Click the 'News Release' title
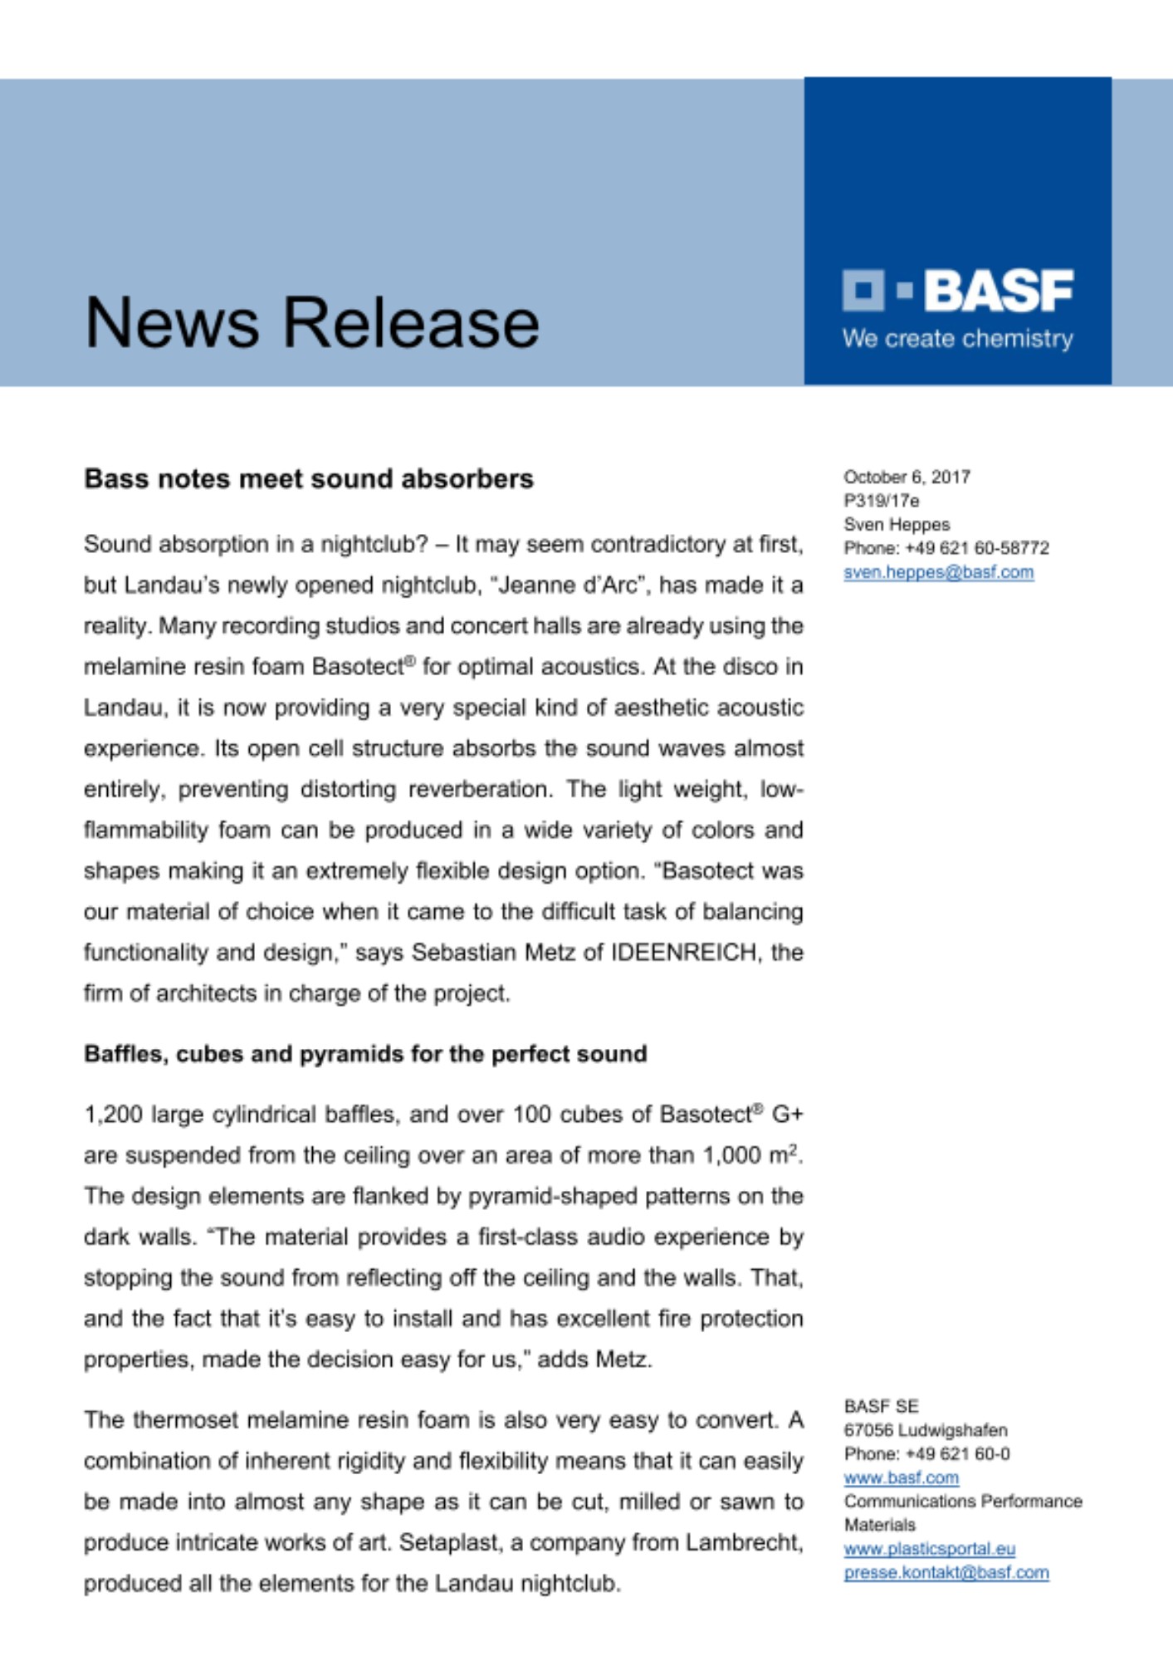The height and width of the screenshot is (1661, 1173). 312,322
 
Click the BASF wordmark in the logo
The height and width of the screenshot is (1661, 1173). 998,291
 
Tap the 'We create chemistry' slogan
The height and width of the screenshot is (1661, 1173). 957,339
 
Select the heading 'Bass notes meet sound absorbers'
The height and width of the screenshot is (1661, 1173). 309,479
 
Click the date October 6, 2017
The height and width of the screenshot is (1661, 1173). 907,477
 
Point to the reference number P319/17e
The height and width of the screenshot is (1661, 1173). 881,501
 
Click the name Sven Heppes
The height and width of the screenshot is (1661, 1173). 897,525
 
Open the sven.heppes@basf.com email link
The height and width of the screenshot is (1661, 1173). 938,572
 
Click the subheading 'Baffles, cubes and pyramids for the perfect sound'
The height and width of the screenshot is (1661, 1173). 365,1054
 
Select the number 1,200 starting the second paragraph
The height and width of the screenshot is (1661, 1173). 113,1115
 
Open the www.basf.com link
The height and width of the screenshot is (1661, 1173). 901,1478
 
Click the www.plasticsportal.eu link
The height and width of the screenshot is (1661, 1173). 929,1549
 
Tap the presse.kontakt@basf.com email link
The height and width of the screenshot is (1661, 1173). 946,1573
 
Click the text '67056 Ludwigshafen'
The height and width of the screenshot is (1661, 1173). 926,1430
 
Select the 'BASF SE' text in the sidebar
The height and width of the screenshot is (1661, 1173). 881,1406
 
